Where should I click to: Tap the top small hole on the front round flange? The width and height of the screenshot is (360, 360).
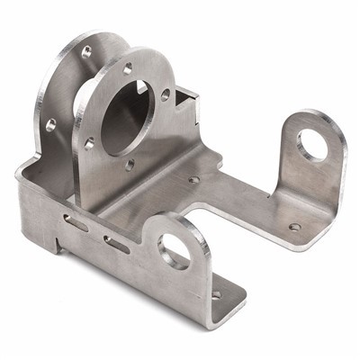tap(128, 68)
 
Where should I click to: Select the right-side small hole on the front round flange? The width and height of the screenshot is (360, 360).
tap(165, 94)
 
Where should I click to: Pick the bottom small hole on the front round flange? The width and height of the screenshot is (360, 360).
tap(130, 164)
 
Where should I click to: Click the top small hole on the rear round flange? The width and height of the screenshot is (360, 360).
tap(86, 52)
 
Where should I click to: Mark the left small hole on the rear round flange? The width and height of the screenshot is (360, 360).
tap(50, 124)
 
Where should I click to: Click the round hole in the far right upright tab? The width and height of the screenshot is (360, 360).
tap(312, 144)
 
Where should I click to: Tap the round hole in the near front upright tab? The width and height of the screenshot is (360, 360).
tap(175, 251)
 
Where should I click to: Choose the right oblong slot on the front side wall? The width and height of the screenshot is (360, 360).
tap(116, 243)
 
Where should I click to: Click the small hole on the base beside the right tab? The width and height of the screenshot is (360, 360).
tap(294, 227)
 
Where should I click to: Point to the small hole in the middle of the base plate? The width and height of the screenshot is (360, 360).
tap(193, 179)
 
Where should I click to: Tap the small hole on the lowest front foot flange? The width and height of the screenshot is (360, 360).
tap(215, 293)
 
